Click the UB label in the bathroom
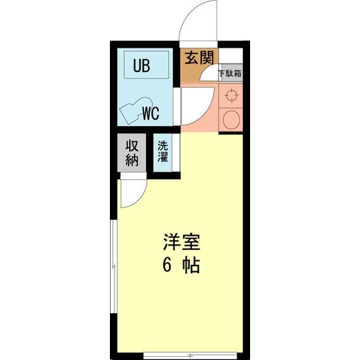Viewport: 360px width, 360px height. click(142, 66)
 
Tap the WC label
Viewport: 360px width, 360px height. click(150, 115)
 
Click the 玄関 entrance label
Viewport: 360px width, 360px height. click(199, 58)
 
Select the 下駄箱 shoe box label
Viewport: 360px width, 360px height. click(230, 73)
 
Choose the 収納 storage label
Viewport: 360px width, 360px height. click(132, 152)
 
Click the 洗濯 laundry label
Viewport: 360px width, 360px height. click(163, 151)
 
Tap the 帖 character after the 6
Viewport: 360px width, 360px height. click(191, 265)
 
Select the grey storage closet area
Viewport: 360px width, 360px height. click(132, 154)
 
